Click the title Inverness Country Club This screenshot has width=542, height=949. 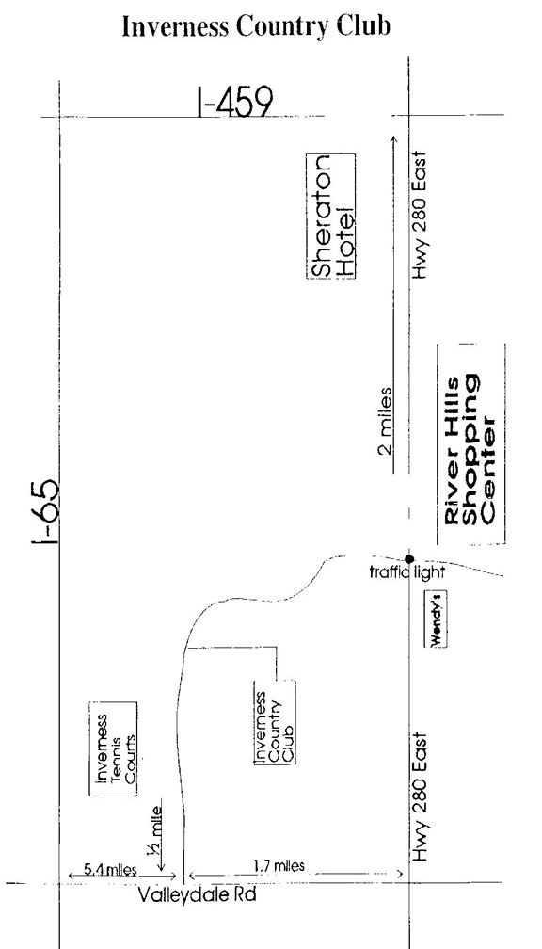tap(256, 26)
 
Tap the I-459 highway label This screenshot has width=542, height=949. tap(234, 103)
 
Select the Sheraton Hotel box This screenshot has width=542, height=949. tap(330, 217)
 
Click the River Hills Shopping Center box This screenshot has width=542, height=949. tap(471, 444)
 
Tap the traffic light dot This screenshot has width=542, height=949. tap(409, 558)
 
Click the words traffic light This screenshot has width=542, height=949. tap(406, 572)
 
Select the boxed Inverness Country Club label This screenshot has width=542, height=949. tap(275, 721)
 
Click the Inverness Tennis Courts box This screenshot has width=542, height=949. tap(113, 748)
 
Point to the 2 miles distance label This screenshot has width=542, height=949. tap(385, 421)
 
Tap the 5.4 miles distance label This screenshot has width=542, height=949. tap(110, 870)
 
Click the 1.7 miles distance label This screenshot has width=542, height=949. tap(279, 865)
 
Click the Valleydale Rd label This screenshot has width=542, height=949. tap(198, 894)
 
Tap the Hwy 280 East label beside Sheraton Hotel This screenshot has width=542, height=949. tap(420, 215)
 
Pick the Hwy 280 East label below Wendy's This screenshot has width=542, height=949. tap(420, 797)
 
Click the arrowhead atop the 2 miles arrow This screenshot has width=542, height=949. tap(394, 139)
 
